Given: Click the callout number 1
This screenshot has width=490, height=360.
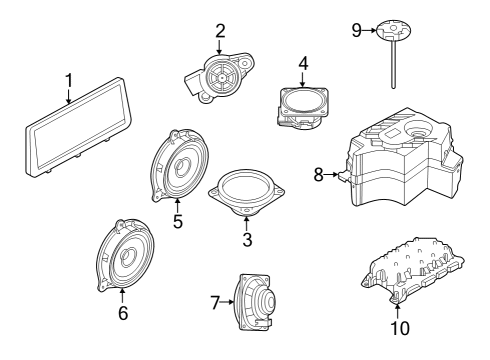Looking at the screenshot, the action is [68, 81].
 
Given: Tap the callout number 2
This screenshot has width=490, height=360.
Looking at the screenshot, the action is [220, 31].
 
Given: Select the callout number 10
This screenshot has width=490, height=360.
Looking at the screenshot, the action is [400, 328].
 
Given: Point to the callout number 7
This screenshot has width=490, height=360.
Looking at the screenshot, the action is [215, 303].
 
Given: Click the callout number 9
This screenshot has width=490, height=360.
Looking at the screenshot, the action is [357, 30].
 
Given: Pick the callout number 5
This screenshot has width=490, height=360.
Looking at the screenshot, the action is [178, 221].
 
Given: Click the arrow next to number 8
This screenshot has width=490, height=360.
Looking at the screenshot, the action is [331, 174].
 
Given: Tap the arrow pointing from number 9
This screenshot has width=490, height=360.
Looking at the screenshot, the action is [370, 30].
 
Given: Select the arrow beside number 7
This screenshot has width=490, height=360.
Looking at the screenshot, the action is [227, 302].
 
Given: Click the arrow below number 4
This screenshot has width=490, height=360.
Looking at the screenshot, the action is [303, 79].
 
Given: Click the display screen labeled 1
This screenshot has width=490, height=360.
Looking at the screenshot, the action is [79, 126].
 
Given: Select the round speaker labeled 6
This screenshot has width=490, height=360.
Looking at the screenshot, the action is [125, 255].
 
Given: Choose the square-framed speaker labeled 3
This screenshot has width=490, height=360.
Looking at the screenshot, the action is [246, 193].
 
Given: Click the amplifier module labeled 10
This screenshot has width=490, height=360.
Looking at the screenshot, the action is [413, 270].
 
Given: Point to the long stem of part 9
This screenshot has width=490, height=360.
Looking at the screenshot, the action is [393, 63].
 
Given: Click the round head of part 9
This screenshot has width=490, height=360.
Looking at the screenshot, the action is [393, 29].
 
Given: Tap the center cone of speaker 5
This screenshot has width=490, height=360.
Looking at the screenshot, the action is [181, 166].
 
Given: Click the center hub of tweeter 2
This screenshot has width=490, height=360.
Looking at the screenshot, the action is [221, 77].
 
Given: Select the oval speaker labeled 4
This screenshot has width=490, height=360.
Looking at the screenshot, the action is [302, 107].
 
